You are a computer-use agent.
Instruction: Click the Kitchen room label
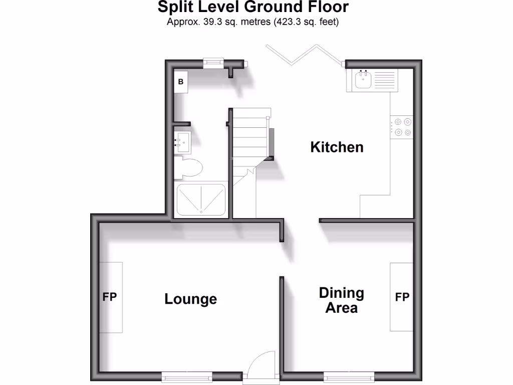(x=337, y=147)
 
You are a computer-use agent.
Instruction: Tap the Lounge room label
(x=190, y=299)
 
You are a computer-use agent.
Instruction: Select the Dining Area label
(x=342, y=300)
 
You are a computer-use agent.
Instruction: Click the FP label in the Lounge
(x=110, y=297)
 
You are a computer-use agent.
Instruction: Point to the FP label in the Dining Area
(x=402, y=297)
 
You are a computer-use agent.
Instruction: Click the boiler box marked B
(x=181, y=81)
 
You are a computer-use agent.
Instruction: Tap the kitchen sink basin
(x=362, y=80)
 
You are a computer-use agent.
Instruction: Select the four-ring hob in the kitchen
(x=402, y=126)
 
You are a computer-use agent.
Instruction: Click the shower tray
(x=200, y=200)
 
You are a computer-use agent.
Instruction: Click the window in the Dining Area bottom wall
(x=349, y=375)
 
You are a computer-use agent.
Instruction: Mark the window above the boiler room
(x=213, y=63)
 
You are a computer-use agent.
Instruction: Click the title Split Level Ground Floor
(x=253, y=8)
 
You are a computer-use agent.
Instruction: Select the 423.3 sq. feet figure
(x=306, y=22)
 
